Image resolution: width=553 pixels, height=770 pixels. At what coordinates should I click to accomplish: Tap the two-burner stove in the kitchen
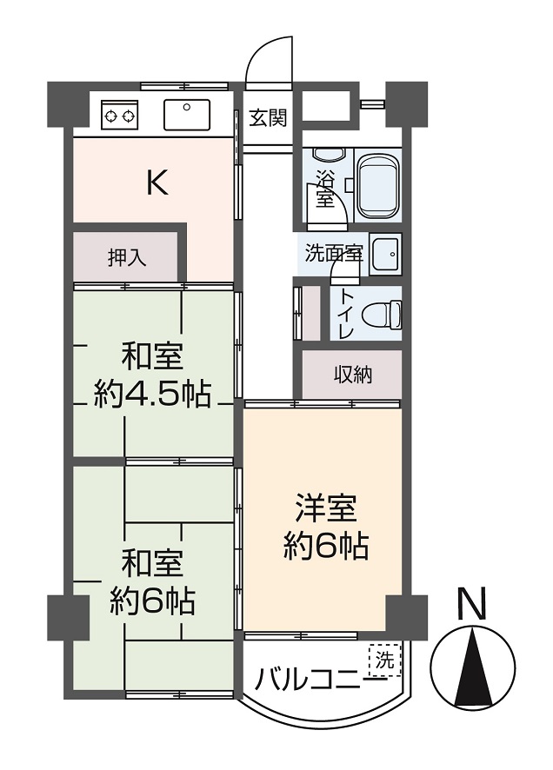click(x=119, y=115)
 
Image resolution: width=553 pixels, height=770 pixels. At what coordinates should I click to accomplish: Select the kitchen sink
click(x=185, y=113)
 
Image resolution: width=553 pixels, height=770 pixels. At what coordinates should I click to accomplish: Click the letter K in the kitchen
click(x=156, y=183)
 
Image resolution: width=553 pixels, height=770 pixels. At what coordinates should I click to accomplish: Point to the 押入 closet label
click(x=126, y=257)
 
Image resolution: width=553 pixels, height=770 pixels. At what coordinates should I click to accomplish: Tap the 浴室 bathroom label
click(x=324, y=189)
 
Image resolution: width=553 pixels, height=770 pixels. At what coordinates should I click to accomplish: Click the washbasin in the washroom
click(x=384, y=254)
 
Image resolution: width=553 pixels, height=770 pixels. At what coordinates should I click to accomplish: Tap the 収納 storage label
click(x=353, y=375)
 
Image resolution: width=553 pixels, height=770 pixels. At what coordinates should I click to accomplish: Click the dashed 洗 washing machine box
click(x=383, y=660)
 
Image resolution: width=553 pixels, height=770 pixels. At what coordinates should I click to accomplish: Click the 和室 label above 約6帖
click(x=152, y=564)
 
